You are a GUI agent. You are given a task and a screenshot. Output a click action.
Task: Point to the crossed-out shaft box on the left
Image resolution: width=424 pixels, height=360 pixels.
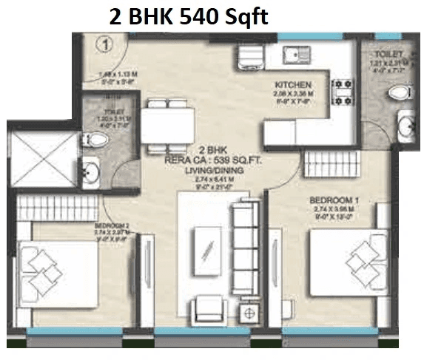[42, 158]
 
